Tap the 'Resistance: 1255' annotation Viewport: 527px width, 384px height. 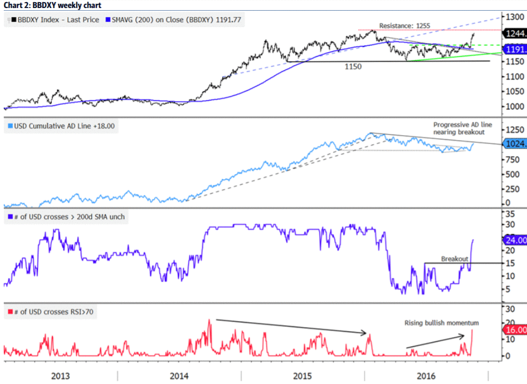pyautogui.click(x=404, y=25)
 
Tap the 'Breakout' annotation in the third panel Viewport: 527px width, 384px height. pyautogui.click(x=454, y=258)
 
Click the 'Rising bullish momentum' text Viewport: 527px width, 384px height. pyautogui.click(x=442, y=323)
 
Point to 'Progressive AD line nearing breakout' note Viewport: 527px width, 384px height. pyautogui.click(x=462, y=128)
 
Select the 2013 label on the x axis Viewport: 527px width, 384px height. pyautogui.click(x=60, y=375)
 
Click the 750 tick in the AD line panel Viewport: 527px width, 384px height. pyautogui.click(x=513, y=159)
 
